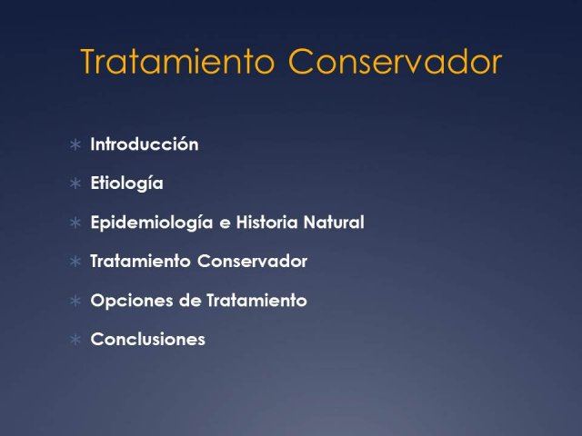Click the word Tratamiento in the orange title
tap(177, 61)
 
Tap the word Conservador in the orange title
tap(396, 61)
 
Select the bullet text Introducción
tap(145, 144)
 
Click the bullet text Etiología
tap(127, 183)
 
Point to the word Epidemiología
tap(152, 223)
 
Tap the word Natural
tap(334, 223)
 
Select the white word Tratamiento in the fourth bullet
tap(140, 262)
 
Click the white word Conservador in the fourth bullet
tap(253, 262)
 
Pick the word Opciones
tap(132, 301)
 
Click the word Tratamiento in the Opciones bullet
tap(256, 301)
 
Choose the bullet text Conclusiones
tap(147, 339)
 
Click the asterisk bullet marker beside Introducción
tap(75, 144)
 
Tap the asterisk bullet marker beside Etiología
tap(75, 183)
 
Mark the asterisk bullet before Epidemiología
tap(75, 223)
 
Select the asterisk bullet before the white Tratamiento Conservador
tap(75, 262)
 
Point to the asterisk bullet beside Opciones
tap(75, 301)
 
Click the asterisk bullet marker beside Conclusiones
tap(75, 340)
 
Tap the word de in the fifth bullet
tap(190, 301)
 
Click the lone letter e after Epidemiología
tap(225, 224)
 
